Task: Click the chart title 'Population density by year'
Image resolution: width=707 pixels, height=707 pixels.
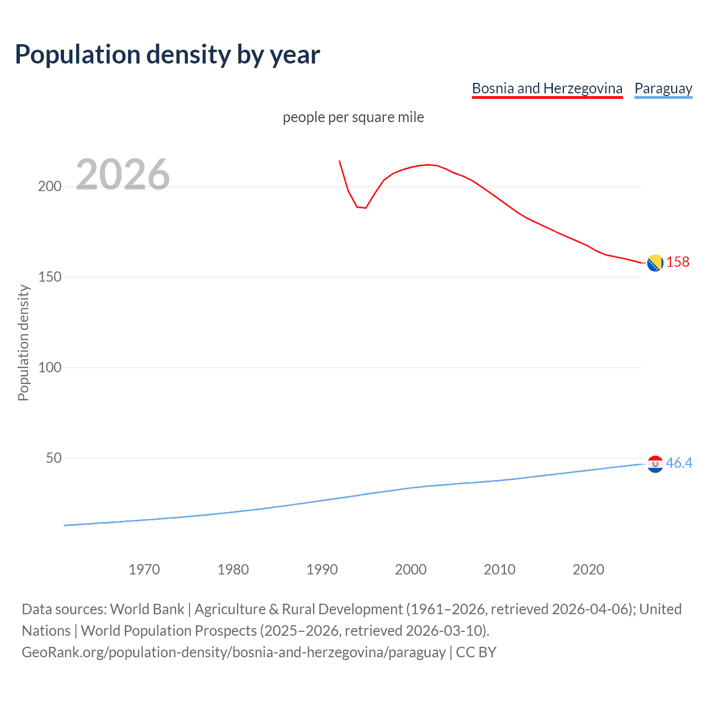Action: pyautogui.click(x=167, y=55)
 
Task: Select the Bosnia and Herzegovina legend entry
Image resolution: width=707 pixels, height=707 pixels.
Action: pyautogui.click(x=547, y=88)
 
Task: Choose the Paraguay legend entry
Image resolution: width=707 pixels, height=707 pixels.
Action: pyautogui.click(x=663, y=88)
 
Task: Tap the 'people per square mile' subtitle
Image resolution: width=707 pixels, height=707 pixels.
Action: pyautogui.click(x=353, y=117)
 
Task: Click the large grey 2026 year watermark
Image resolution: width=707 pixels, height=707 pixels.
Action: pyautogui.click(x=123, y=175)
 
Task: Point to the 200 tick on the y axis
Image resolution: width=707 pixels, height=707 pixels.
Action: pyautogui.click(x=50, y=186)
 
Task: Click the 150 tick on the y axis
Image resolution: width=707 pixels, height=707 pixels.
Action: pyautogui.click(x=50, y=277)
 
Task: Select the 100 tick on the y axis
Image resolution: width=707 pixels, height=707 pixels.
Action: pyautogui.click(x=50, y=367)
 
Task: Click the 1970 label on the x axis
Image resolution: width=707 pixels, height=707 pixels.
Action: pyautogui.click(x=144, y=569)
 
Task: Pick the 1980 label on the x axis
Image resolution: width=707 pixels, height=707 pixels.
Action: pyautogui.click(x=233, y=569)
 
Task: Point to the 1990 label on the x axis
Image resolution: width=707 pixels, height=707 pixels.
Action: pyautogui.click(x=322, y=569)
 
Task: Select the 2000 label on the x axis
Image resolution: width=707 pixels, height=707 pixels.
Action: pyautogui.click(x=410, y=569)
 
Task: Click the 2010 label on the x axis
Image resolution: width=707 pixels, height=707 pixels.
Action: pyautogui.click(x=499, y=569)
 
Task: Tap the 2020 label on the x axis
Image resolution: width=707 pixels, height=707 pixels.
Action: pyautogui.click(x=588, y=569)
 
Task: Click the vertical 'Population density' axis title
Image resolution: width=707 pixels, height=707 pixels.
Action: pyautogui.click(x=23, y=342)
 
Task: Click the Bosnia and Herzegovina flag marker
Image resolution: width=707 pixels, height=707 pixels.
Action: pyautogui.click(x=655, y=263)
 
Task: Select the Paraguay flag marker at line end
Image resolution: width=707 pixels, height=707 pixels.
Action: pyautogui.click(x=655, y=464)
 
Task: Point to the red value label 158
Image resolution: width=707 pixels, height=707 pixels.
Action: pyautogui.click(x=678, y=262)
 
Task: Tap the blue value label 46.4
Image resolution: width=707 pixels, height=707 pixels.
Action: pyautogui.click(x=679, y=463)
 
